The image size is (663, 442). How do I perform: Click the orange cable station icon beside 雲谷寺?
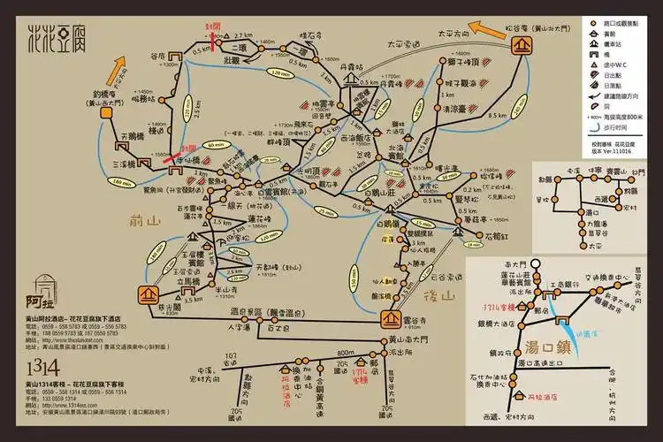392,319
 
